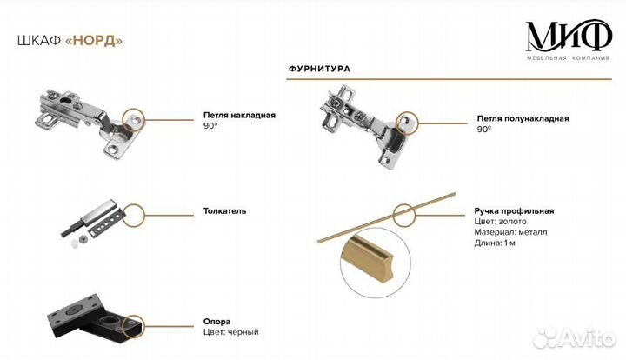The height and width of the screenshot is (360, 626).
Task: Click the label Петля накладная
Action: pos(238,115)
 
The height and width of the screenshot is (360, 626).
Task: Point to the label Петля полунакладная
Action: pos(523,118)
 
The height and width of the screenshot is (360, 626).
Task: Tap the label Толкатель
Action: pos(225,210)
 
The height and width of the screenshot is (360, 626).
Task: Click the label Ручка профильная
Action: pos(515,211)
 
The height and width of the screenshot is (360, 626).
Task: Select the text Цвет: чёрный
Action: pos(230,332)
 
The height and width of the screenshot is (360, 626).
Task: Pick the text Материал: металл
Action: pos(511,232)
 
